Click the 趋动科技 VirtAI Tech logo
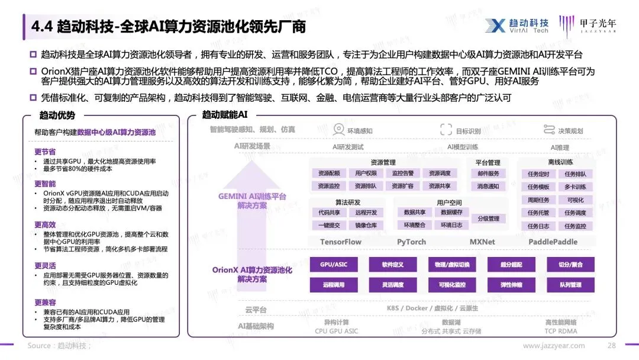coord(517,25)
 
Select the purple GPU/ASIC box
coord(333,265)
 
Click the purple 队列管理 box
coord(570,285)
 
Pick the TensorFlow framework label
coord(340,242)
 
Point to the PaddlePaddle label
coord(553,242)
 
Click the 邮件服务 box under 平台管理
coord(488,173)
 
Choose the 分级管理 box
coord(488,218)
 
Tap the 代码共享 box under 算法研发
coord(329,213)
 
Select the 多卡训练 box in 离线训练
coord(575,187)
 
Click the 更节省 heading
coord(45,152)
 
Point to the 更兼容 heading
coord(45,303)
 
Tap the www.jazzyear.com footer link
coord(553,346)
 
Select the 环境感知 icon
coord(338,130)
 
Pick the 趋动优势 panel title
coord(57,115)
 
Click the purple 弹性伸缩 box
coord(511,285)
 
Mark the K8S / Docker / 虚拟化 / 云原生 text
coord(432,308)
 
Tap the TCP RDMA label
coord(560,332)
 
